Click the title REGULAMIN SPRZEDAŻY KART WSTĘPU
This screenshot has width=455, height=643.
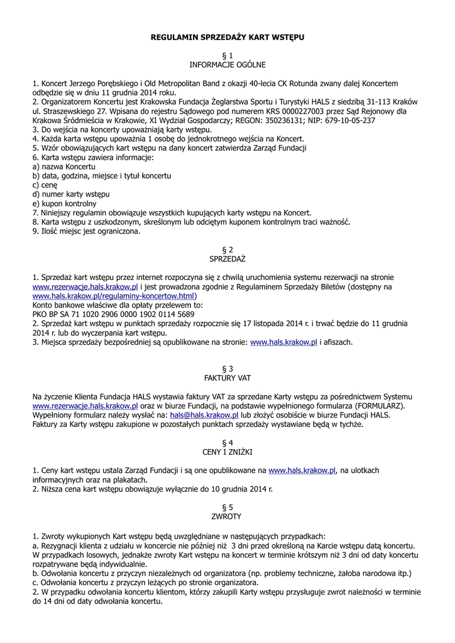tap(227, 38)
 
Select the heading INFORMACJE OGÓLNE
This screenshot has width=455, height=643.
tap(227, 65)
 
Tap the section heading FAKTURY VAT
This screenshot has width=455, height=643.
tap(227, 378)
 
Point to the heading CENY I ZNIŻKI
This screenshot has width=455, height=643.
tap(227, 452)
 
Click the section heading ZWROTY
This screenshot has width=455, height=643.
tap(227, 516)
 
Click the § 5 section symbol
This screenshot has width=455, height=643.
tap(227, 507)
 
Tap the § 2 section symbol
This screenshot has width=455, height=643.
tap(227, 249)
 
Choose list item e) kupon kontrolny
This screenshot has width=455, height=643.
tap(64, 203)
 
